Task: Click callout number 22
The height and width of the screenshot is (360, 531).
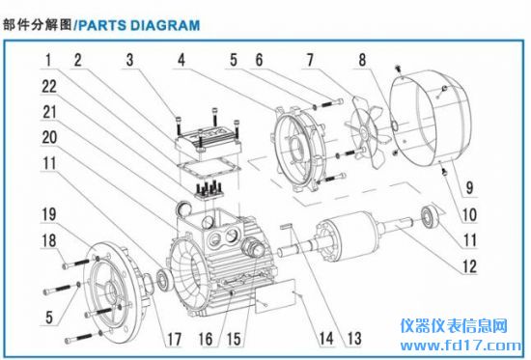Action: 49,86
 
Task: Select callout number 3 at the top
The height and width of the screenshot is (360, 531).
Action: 130,60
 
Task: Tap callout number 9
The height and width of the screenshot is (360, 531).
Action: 469,187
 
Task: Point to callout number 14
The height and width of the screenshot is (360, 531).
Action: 326,338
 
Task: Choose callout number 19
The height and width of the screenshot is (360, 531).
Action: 49,214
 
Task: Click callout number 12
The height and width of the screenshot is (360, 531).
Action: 470,266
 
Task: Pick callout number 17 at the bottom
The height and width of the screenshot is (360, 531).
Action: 174,339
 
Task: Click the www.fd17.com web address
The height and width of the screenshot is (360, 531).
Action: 461,346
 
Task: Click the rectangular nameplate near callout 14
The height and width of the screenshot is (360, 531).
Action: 275,296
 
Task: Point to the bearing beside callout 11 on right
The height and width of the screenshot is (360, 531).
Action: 430,215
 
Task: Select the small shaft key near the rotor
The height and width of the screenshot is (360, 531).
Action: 288,226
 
